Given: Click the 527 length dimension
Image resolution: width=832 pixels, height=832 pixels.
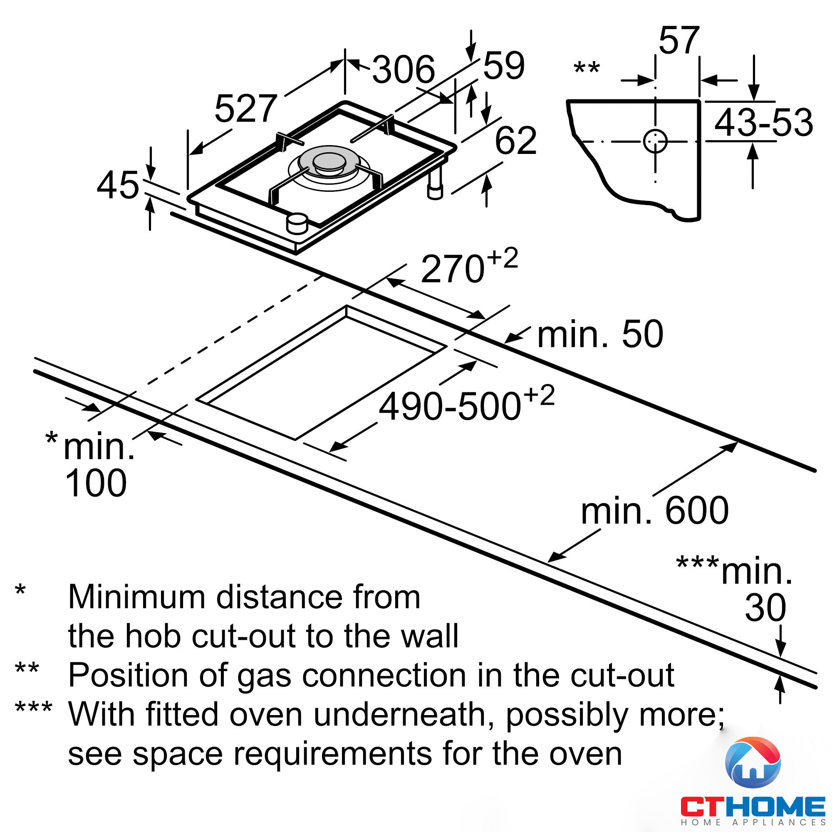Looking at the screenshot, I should coord(245,109).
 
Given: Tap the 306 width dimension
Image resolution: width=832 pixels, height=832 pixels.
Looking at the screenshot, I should coord(403,70).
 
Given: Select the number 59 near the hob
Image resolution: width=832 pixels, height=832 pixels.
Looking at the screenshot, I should coord(503,66).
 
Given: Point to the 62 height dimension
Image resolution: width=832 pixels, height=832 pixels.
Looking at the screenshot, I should coord(515,141).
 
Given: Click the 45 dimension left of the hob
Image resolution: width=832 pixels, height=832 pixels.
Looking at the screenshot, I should coord(118,186).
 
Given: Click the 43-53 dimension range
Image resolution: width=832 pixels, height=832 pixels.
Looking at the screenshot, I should coord(763,123).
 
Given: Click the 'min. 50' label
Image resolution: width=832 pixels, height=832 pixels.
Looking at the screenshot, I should coord(600,334).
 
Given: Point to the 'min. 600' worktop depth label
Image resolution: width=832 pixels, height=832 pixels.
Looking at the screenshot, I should coord(654,511).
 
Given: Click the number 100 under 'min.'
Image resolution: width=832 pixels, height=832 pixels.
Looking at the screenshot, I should coord(96,483).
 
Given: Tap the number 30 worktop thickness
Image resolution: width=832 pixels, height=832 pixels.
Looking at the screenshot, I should coord(765,608).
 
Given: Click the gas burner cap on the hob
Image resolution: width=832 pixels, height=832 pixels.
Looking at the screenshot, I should coord(329,161).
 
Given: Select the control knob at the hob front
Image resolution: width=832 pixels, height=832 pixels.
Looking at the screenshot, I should coord(297,223).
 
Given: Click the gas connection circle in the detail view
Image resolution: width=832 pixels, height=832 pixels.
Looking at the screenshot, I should coord(655,141).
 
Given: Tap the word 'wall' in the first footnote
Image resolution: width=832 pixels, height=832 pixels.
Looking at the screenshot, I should coord(433,636).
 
